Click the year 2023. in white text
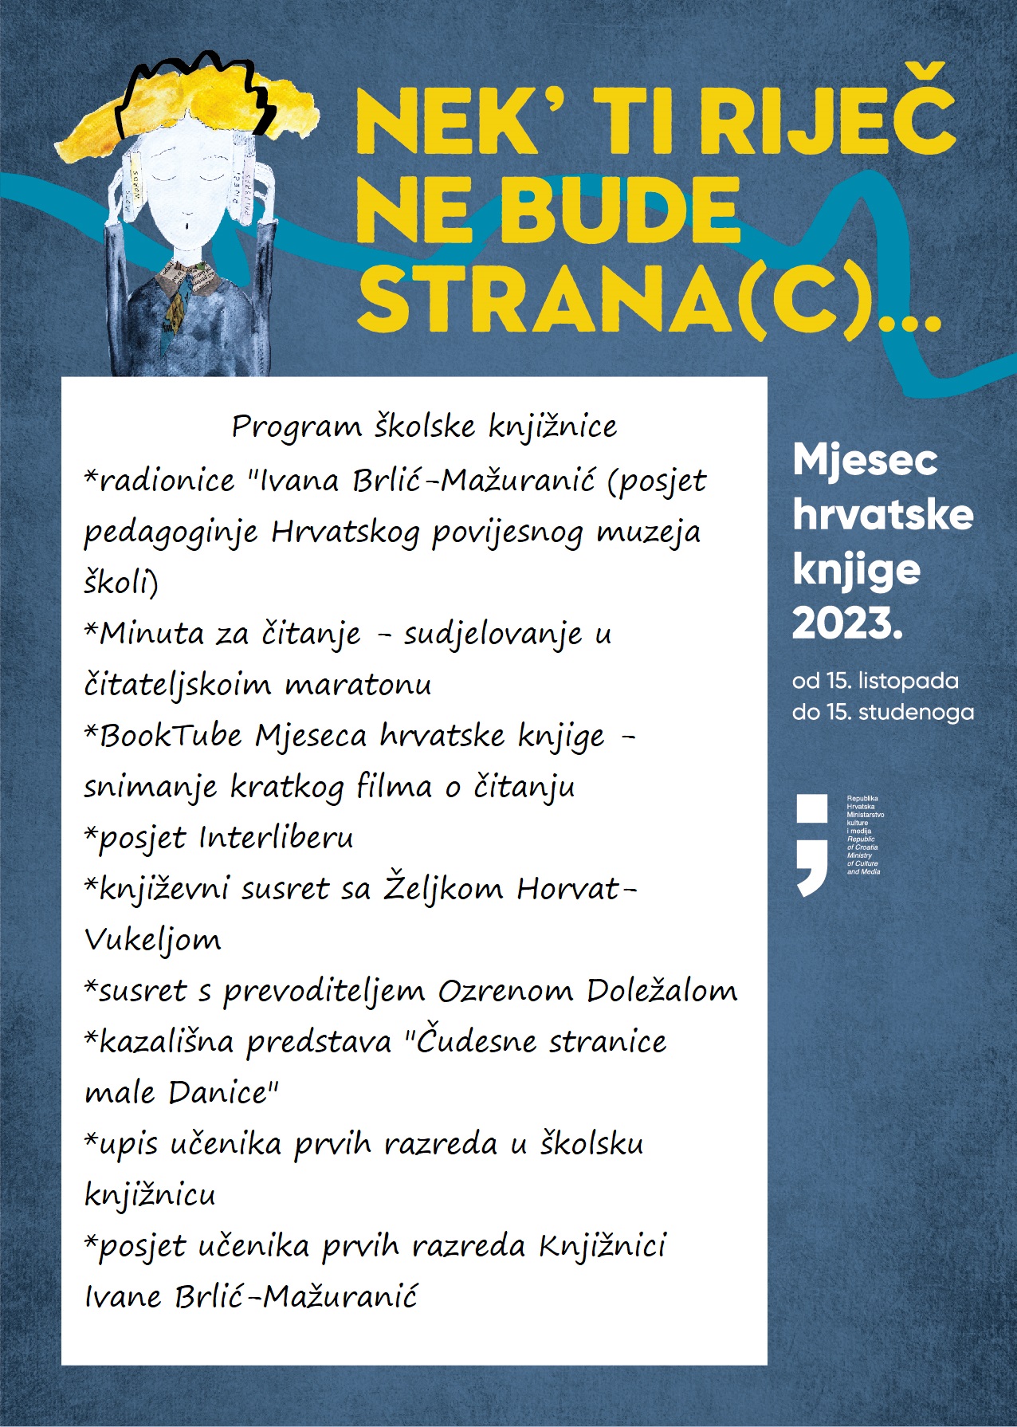[847, 623]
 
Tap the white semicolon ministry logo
[812, 844]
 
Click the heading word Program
[296, 427]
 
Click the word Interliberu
[276, 838]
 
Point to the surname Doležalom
[662, 991]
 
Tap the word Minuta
[151, 634]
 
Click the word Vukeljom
[152, 941]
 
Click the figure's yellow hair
[191, 104]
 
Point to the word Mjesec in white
[865, 460]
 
